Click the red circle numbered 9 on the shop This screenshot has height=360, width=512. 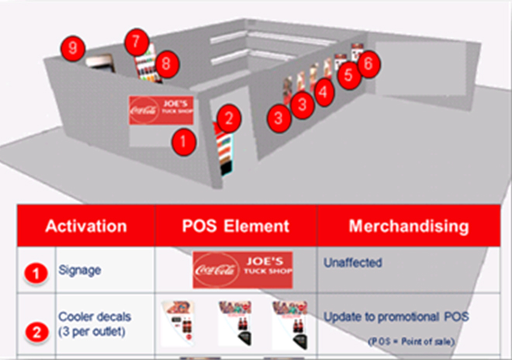coord(72,48)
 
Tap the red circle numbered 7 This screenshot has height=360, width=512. coord(137,39)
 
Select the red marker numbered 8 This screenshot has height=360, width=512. coord(164,65)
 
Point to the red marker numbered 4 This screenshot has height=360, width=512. coord(323,90)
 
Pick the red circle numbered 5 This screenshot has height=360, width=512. coord(348,74)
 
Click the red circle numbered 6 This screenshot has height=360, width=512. coord(369,63)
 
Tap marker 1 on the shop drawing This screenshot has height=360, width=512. coord(183,141)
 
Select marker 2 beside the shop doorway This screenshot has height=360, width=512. coord(228,119)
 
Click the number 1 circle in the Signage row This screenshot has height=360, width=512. coord(33,272)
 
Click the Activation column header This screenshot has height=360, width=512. coord(86,227)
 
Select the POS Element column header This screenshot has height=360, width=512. coord(236,227)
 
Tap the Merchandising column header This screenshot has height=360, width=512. coord(408,227)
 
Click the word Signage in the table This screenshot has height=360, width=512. coord(81,271)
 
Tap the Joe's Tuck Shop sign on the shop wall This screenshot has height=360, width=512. coord(162,109)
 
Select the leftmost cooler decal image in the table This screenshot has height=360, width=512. coord(180,323)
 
